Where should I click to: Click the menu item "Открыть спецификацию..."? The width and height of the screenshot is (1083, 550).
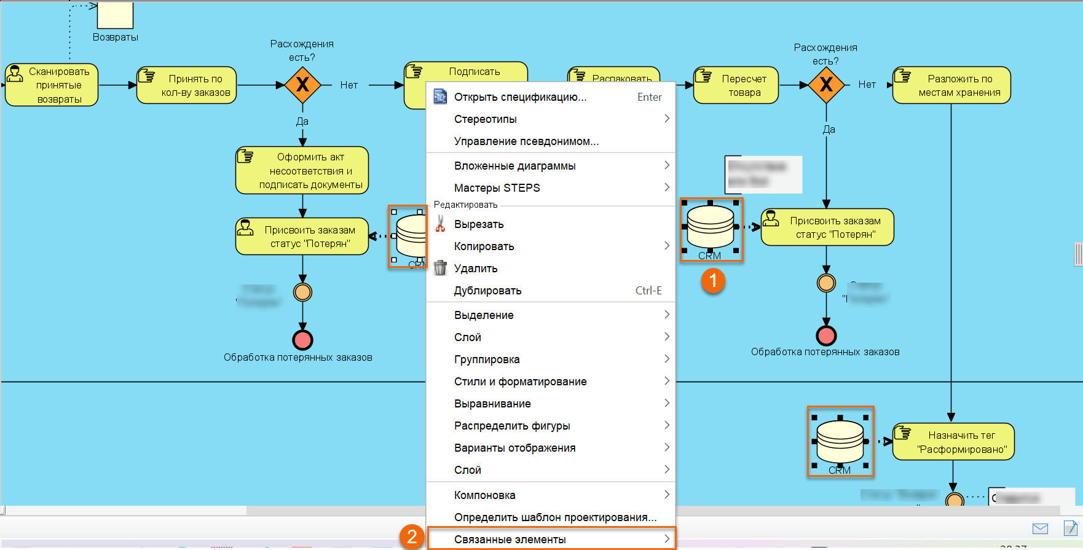[x=520, y=97]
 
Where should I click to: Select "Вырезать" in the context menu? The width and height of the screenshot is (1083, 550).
[x=479, y=224]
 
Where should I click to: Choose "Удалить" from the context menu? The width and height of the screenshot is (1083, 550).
[x=476, y=269]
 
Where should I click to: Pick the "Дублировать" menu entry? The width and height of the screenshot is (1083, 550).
[x=487, y=291]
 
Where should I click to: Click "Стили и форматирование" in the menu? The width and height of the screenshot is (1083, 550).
[x=520, y=382]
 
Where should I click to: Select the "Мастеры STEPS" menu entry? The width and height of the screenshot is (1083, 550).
[x=497, y=188]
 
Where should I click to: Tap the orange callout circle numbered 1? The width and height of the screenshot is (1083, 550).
[x=713, y=281]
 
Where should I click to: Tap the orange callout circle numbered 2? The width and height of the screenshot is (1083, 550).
[x=412, y=536]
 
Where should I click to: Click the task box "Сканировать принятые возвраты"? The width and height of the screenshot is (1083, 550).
[x=52, y=85]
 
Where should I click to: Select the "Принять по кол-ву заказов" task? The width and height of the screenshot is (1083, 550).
[x=187, y=85]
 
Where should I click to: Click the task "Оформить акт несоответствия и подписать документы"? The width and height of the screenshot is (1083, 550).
[x=302, y=170]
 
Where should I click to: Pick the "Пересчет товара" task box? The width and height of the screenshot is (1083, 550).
[x=736, y=85]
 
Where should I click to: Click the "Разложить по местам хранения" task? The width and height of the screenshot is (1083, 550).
[x=951, y=85]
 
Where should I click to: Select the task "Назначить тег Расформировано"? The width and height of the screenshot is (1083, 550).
[x=953, y=442]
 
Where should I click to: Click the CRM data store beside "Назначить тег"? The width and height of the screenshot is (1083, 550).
[x=840, y=441]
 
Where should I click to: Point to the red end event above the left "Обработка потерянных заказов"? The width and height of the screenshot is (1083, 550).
[x=302, y=339]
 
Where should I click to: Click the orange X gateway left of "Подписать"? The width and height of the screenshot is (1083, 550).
[x=302, y=85]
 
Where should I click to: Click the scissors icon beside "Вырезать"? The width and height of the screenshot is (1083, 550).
[x=440, y=224]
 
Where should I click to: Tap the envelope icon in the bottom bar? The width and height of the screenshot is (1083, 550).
[x=1040, y=528]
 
